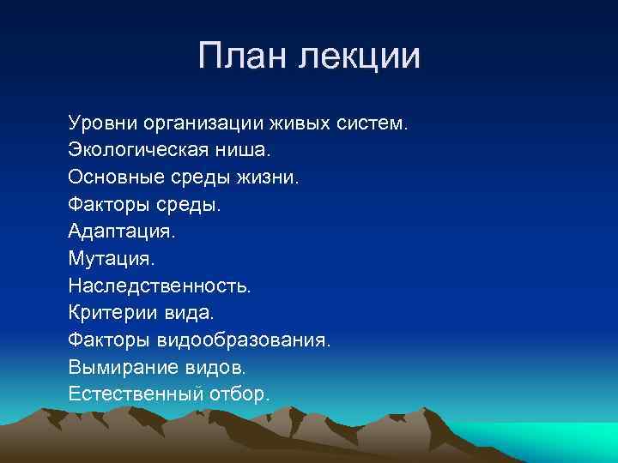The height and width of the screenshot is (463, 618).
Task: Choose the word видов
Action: pyautogui.click(x=211, y=367)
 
